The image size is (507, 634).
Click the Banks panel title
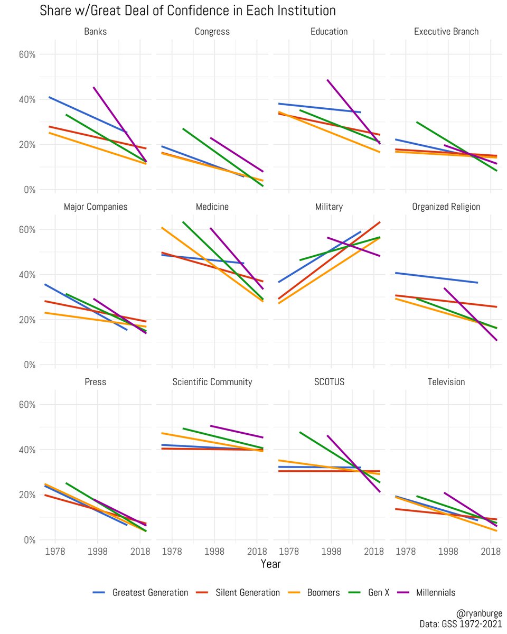coord(96,32)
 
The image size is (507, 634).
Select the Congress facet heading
coord(212,32)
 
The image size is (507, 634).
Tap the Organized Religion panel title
coord(446,207)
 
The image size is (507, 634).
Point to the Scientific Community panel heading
coord(212,381)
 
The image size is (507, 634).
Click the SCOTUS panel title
coord(330,381)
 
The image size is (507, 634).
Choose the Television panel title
coord(446,381)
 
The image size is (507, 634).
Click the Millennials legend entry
coord(435,592)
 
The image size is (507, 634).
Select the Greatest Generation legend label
coord(150,592)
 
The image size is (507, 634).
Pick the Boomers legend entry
coord(324,592)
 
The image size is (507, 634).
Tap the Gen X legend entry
coord(379,592)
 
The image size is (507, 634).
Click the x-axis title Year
coord(271,564)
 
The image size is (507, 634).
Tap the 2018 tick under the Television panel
coord(491,551)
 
